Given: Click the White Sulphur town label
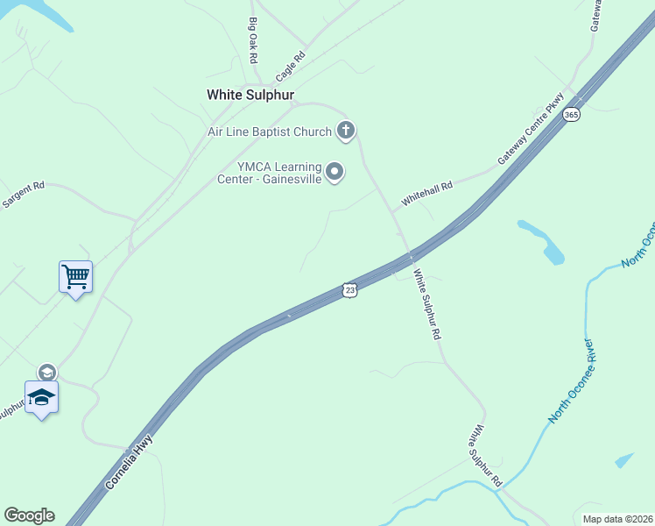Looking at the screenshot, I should point(250,95).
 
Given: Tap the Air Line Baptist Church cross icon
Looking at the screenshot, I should point(346,131).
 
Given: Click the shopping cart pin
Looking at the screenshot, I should point(75,277).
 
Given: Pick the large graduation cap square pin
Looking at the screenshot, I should point(41,397).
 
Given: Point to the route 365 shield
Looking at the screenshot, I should point(572,115).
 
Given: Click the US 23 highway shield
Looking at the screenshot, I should point(350,289).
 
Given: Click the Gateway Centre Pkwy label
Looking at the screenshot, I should point(529,130).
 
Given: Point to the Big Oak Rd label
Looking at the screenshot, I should point(253,39).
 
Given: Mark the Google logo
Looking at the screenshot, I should point(29,515).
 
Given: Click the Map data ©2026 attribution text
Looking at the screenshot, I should point(617,519).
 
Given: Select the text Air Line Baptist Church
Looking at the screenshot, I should point(269,132).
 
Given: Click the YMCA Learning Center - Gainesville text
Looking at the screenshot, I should point(270,174).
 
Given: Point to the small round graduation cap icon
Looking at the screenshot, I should point(46,373).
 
